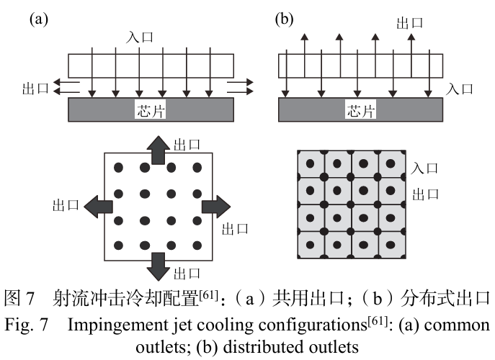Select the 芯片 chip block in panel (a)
pos(151,110)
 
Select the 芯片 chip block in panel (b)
pos(360,110)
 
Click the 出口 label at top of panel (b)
pos(409,23)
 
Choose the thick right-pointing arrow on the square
pos(215,207)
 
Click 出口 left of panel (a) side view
pos(35,88)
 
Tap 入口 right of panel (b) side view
pos(460,89)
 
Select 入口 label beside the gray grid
pos(424,168)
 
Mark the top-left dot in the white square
pos(119,168)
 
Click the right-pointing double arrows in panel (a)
pos(240,87)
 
